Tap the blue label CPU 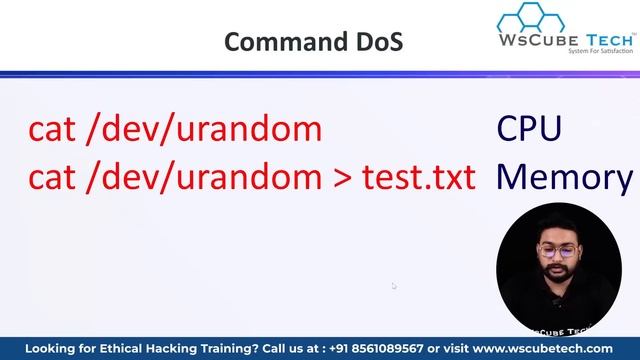click(529, 129)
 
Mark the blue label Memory click(564, 178)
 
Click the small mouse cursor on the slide click(394, 286)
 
